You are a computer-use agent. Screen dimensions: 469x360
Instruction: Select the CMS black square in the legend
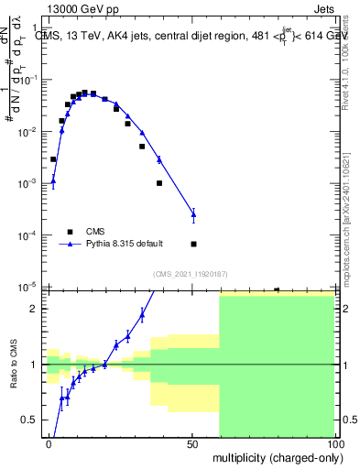tap(70, 231)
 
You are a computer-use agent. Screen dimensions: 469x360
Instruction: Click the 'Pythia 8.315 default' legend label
tap(125, 244)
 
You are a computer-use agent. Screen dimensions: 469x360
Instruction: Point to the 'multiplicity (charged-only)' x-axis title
tap(274, 456)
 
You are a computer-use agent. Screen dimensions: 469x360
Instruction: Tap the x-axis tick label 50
tap(191, 444)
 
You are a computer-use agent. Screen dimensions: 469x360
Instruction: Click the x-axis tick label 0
tap(49, 444)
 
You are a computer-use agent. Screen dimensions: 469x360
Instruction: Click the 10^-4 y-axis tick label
tap(27, 236)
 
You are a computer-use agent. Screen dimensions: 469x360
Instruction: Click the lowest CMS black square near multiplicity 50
tap(193, 244)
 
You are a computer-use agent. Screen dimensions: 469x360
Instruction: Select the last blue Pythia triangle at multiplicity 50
tap(193, 214)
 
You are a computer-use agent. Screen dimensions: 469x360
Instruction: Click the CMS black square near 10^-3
tap(159, 183)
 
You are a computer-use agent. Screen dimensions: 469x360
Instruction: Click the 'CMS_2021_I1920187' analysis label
tap(191, 274)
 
